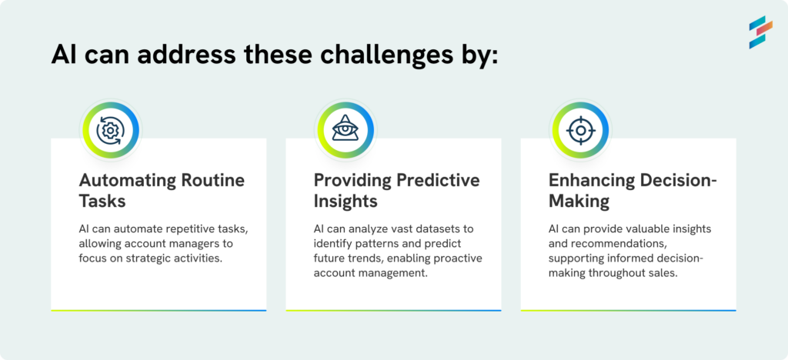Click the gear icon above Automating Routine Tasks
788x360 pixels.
[111, 131]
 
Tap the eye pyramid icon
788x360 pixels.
[346, 128]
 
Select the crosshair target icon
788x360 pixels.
[580, 131]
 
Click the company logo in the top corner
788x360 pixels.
[760, 32]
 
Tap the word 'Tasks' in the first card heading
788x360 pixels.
[102, 202]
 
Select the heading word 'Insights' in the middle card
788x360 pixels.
[346, 202]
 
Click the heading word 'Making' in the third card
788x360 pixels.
[579, 202]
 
